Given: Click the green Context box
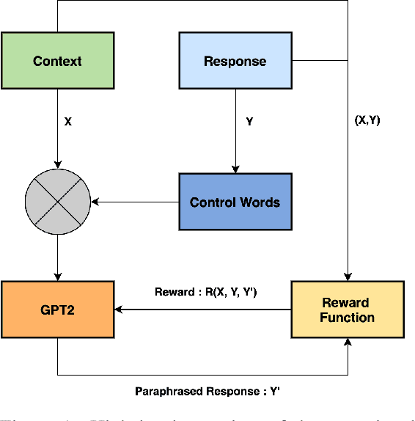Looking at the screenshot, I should click(x=57, y=61).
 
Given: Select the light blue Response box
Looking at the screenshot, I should click(x=235, y=61).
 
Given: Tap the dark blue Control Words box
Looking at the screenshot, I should click(x=235, y=202).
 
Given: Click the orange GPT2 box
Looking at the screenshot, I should click(x=57, y=310).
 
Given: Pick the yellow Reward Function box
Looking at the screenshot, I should click(x=348, y=310).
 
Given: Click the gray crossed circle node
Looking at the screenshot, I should click(x=57, y=202).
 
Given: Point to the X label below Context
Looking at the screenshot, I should click(x=68, y=122).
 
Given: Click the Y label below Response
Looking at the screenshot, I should click(x=249, y=122).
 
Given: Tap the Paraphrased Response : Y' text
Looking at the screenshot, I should click(x=207, y=391).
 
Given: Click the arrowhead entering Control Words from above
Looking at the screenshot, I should click(x=235, y=170).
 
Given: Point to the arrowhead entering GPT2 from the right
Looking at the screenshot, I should click(x=119, y=310).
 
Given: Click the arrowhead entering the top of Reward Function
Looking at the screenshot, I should click(x=348, y=277).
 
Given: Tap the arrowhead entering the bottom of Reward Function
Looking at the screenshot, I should click(x=348, y=343).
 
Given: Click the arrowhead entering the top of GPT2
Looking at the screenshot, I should click(x=57, y=277).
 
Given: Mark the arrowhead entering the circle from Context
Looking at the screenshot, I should click(x=57, y=166).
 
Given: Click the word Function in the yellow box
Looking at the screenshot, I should click(x=348, y=318).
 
